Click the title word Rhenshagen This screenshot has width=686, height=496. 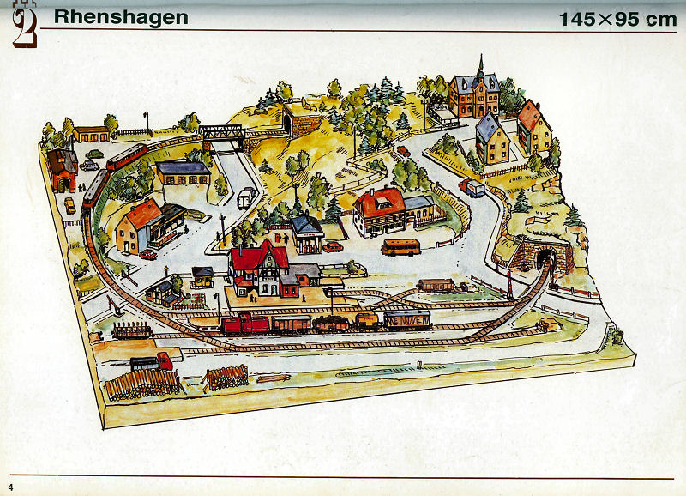point(121,18)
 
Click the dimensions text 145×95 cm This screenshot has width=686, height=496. point(617,19)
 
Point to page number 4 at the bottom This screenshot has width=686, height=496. point(12,487)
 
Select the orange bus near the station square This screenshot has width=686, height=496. point(400,248)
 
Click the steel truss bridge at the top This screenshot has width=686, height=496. point(222,132)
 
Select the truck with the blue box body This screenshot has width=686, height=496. point(472,187)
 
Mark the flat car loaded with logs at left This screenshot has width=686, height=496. point(133,329)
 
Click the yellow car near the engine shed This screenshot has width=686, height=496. point(70,204)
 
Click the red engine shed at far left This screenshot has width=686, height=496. point(62,168)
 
